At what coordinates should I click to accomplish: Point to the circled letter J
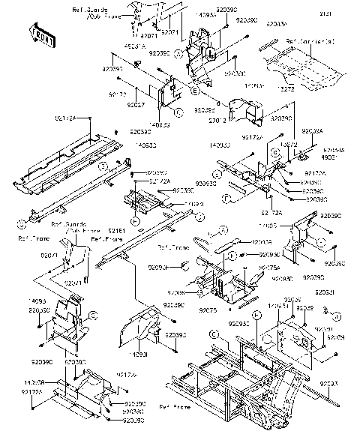(337, 315)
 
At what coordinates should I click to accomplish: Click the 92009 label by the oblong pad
(262, 243)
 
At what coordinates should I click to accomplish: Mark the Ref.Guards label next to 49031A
(87, 9)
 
